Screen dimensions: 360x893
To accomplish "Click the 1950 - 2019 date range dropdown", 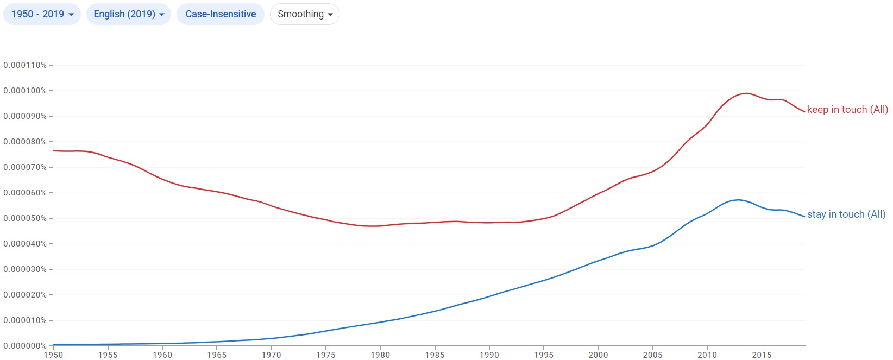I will point(42,14).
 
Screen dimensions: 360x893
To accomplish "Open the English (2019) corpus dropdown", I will point(129,14).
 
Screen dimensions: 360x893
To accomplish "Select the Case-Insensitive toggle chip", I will point(221,14).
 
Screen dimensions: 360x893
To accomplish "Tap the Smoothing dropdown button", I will point(305,14).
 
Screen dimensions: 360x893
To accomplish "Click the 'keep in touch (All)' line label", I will point(847,110).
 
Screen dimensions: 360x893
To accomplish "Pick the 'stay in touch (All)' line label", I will point(846,214).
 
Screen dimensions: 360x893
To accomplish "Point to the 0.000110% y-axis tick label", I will point(25,65).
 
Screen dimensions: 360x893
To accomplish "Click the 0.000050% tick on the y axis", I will point(25,218).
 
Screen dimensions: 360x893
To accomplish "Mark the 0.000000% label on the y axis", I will point(25,346).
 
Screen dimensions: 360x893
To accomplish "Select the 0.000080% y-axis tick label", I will point(25,142).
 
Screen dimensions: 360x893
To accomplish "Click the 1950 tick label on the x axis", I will point(53,355).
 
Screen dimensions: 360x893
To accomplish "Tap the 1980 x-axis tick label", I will point(380,355).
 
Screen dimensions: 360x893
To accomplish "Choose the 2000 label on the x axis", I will point(598,355).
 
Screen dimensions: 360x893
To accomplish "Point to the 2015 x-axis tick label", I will point(762,355).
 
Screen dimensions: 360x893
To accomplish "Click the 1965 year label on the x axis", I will point(217,355).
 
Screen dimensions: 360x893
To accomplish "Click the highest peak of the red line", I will point(746,93).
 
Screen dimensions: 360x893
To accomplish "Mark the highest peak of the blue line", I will point(738,200).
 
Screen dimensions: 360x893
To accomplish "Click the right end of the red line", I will point(804,112).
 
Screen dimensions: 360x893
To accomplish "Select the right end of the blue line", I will point(804,217).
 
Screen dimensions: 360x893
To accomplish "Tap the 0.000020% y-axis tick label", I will point(25,295).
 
